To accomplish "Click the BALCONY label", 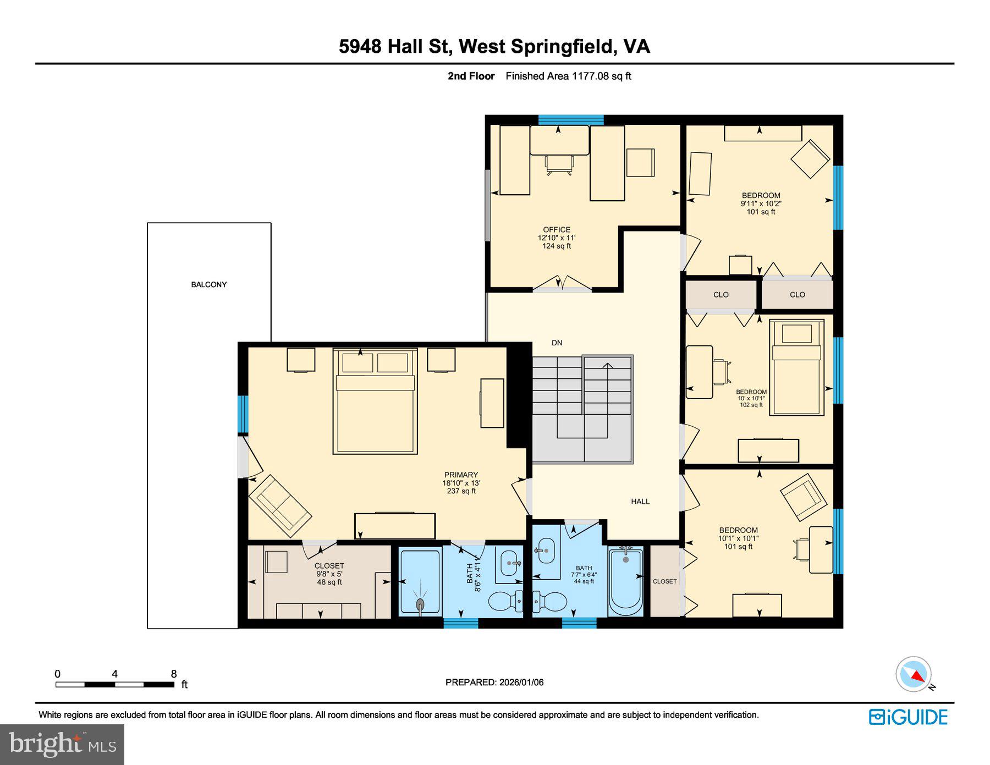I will tap(208, 284).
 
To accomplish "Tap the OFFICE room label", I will tap(557, 230).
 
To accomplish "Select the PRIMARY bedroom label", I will tap(461, 475).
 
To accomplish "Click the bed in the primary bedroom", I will tap(375, 407).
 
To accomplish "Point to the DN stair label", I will tap(557, 343).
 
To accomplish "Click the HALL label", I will tap(640, 501).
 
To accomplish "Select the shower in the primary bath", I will tap(420, 582).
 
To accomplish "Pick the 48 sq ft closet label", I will tap(329, 574).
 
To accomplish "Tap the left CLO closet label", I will tap(721, 295).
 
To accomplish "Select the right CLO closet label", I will tap(797, 295).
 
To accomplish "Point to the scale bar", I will tap(114, 685).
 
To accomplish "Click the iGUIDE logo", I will tap(908, 717).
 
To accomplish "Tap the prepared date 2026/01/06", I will tap(521, 682).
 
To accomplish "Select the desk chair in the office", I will tap(559, 164).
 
